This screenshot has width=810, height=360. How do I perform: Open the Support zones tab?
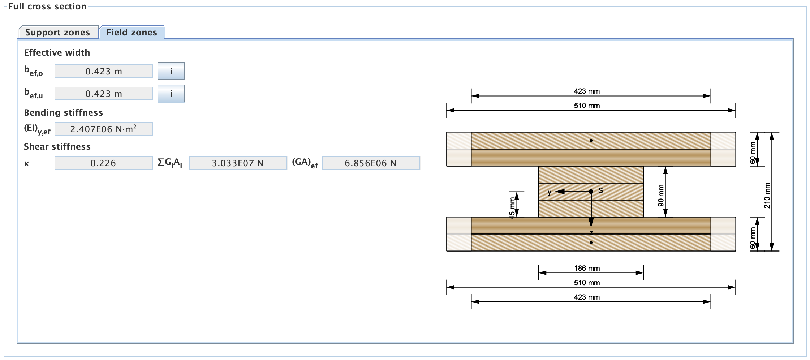click(57, 32)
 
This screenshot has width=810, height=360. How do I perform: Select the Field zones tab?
click(132, 32)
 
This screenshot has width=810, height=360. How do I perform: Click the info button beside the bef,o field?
click(171, 71)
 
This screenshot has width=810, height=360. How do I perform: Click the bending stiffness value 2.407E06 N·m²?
click(104, 129)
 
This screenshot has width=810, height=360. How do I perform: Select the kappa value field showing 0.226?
click(104, 163)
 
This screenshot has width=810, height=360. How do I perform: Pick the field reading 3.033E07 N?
click(238, 163)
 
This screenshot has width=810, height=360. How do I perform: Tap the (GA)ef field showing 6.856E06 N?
click(371, 163)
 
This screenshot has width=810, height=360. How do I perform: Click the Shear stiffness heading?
click(57, 146)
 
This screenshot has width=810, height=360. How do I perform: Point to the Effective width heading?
click(57, 52)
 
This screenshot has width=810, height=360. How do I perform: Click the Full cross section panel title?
click(47, 6)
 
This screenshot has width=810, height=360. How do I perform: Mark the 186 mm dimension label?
click(587, 268)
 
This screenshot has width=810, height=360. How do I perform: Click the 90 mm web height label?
click(661, 196)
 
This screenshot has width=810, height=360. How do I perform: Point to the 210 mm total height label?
click(767, 196)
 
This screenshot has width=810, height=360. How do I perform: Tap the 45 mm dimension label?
click(512, 208)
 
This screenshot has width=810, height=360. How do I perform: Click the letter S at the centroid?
click(600, 190)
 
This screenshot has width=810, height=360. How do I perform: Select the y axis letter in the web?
click(550, 192)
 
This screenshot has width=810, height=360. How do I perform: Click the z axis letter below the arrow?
click(591, 233)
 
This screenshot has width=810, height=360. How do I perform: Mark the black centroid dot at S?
click(591, 192)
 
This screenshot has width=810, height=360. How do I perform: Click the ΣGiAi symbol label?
click(170, 163)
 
